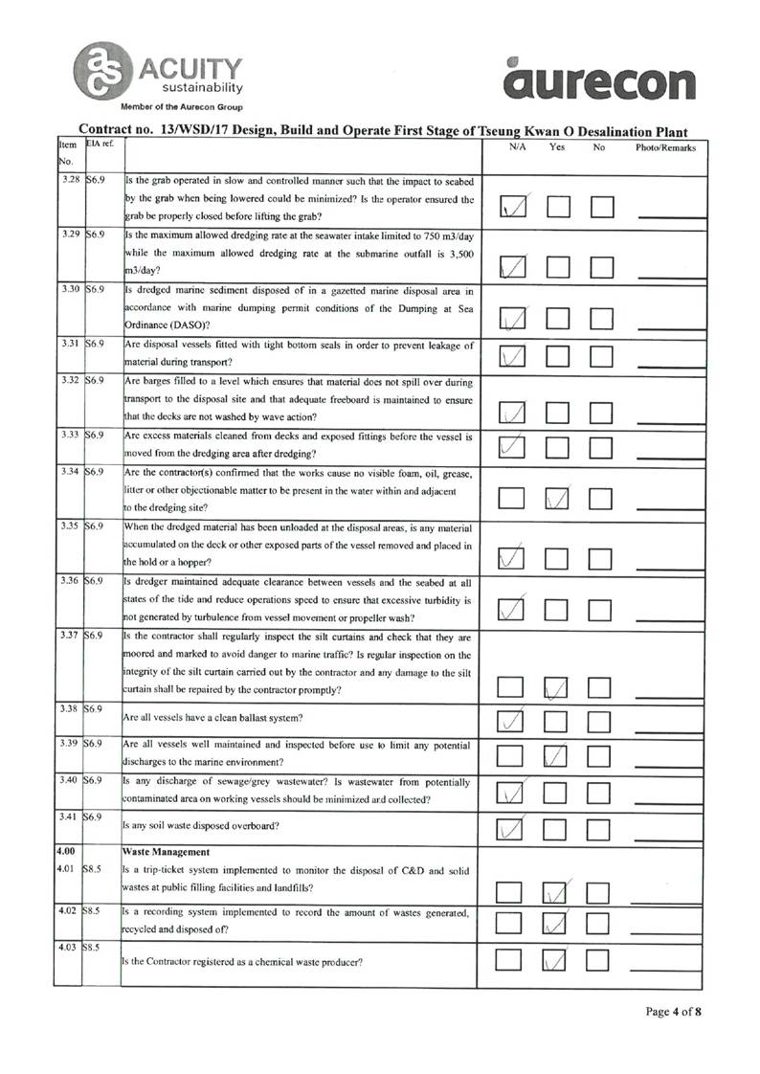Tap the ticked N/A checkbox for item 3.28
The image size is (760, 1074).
pyautogui.click(x=515, y=207)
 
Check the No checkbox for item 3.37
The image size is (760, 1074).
pyautogui.click(x=601, y=686)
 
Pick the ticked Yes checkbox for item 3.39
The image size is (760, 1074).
pyautogui.click(x=558, y=756)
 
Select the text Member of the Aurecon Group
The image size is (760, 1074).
pyautogui.click(x=181, y=106)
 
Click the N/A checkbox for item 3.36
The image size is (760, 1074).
pyautogui.click(x=515, y=607)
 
